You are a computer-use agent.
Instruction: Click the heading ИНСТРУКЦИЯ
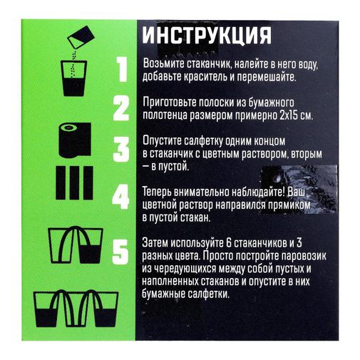pos(206,36)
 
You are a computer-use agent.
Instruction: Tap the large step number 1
pos(120,69)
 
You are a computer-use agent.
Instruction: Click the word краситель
pos(206,76)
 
